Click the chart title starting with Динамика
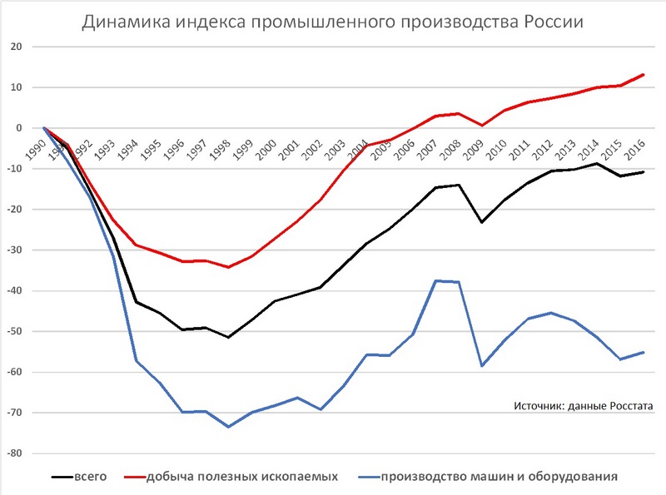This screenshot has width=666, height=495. pos(332,22)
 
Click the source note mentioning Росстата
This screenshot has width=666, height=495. pos(583,405)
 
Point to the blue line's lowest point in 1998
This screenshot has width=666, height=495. pos(227,427)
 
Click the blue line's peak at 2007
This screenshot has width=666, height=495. pos(435,280)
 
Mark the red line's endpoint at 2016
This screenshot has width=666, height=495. pos(644,74)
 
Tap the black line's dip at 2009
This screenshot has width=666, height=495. pos(482,222)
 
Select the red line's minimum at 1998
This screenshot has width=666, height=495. pos(227,267)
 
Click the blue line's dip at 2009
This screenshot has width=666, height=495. pos(482,365)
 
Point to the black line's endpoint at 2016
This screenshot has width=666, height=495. pos(644,172)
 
